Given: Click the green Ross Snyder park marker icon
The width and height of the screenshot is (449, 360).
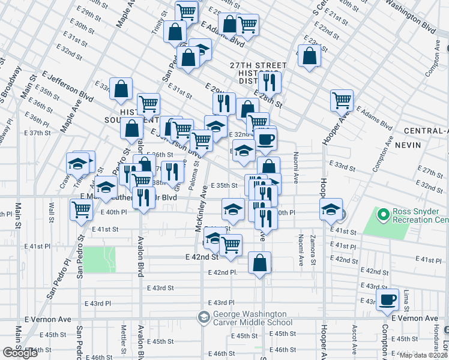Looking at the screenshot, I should coord(382,213).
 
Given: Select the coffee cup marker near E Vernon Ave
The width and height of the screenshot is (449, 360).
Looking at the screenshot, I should coord(388,299).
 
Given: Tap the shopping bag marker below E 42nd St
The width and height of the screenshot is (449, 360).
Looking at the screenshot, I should coord(259,263).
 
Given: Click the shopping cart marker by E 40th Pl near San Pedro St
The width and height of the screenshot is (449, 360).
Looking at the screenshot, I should coord(81,210).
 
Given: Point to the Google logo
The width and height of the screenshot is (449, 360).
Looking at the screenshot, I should coord(20,353).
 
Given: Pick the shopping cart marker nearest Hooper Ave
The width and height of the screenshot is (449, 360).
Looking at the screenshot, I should coord(342,100).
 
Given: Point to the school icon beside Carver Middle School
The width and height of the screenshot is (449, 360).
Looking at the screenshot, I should coord(203,317).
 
